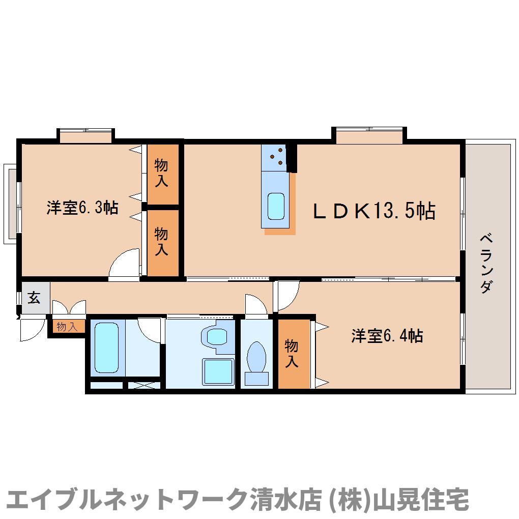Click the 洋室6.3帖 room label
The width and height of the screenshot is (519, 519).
tap(82, 208)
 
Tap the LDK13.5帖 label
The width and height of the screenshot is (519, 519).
tap(373, 210)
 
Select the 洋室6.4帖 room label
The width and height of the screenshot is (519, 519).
tap(387, 336)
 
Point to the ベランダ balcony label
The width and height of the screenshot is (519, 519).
tap(486, 263)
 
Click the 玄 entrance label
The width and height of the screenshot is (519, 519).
tap(34, 298)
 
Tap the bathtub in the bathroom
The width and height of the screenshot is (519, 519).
tap(106, 348)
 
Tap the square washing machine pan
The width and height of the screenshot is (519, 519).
tap(218, 371)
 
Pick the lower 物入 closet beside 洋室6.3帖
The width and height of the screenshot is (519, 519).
tap(162, 242)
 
